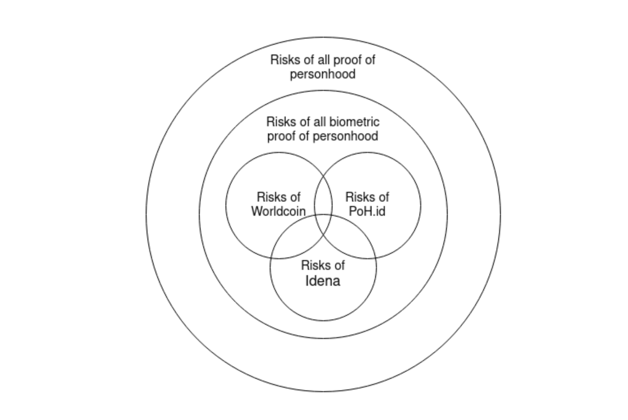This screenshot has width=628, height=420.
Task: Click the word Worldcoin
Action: click(x=279, y=211)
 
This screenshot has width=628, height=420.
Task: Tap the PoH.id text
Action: click(x=367, y=211)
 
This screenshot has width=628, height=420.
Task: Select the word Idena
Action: click(x=323, y=280)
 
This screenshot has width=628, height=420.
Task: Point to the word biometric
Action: click(x=354, y=122)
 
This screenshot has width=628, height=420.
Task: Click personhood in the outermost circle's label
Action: click(x=323, y=74)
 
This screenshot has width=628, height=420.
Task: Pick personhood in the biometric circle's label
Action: click(x=345, y=136)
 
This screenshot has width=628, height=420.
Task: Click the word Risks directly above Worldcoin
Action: click(x=268, y=197)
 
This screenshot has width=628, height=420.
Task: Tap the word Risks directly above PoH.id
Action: click(x=357, y=197)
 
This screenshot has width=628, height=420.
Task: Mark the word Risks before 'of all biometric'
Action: click(x=278, y=122)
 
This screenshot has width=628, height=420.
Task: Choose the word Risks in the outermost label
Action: click(x=282, y=60)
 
